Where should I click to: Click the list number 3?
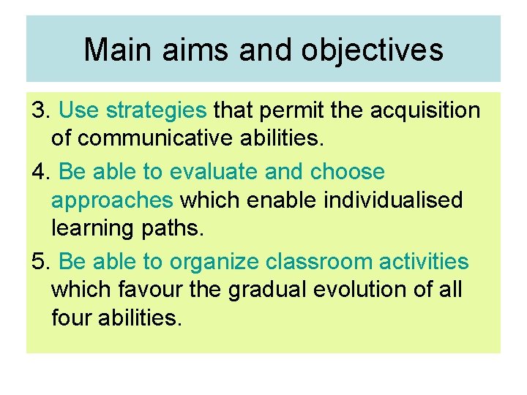click(40, 110)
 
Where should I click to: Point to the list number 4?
click(40, 172)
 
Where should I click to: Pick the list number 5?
click(40, 261)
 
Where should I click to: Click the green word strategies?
click(157, 110)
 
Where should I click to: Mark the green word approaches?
click(112, 200)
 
